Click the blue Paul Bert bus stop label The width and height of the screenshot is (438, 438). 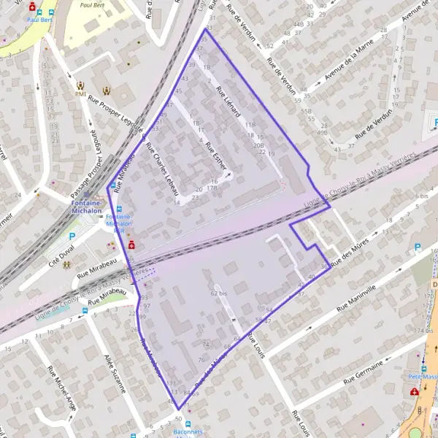coord(38,20)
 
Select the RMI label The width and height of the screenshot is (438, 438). coord(80,94)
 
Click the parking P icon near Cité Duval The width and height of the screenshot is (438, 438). coord(72,237)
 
